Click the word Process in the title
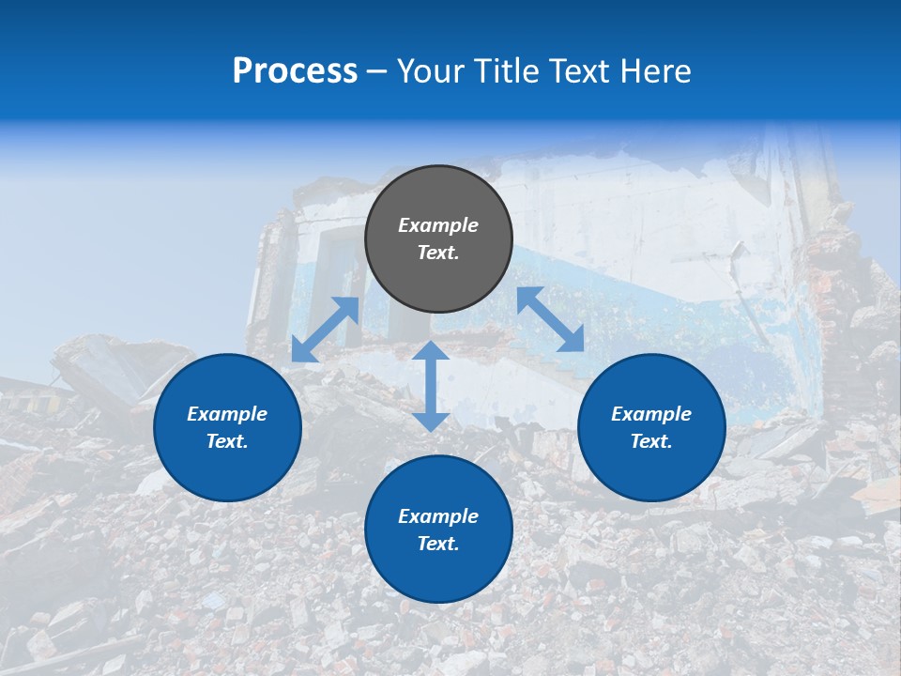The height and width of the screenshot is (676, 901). coord(295,71)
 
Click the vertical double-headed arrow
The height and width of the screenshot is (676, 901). coord(431,386)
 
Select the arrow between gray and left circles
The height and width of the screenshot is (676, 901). coord(326,330)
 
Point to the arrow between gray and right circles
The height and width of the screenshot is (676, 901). coord(551,319)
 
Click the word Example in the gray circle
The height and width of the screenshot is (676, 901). coord(438,225)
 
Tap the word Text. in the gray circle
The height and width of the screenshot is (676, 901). coord(438,253)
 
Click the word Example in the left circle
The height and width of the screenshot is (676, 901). coord(227,414)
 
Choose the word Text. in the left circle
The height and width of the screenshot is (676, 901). coord(227,441)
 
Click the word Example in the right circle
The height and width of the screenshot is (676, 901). coord(651,414)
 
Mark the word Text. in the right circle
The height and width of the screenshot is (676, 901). coord(651,441)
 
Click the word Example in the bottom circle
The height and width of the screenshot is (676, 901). coord(438,516)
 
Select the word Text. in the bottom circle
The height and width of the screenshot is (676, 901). coord(438,544)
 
